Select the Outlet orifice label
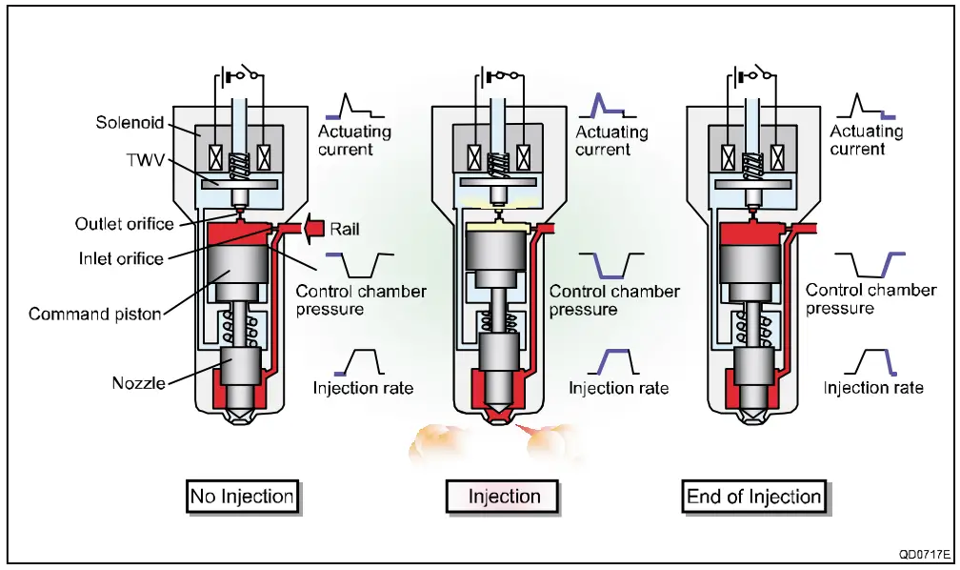(124, 224)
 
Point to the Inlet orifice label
(119, 257)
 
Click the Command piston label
(96, 313)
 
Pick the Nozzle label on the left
(137, 383)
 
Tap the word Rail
(345, 230)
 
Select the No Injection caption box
(242, 497)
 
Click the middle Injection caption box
(504, 497)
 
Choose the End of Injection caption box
(753, 497)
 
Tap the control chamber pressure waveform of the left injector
(360, 263)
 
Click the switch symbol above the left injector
(250, 73)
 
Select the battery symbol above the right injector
(739, 75)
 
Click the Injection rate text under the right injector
(873, 388)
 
